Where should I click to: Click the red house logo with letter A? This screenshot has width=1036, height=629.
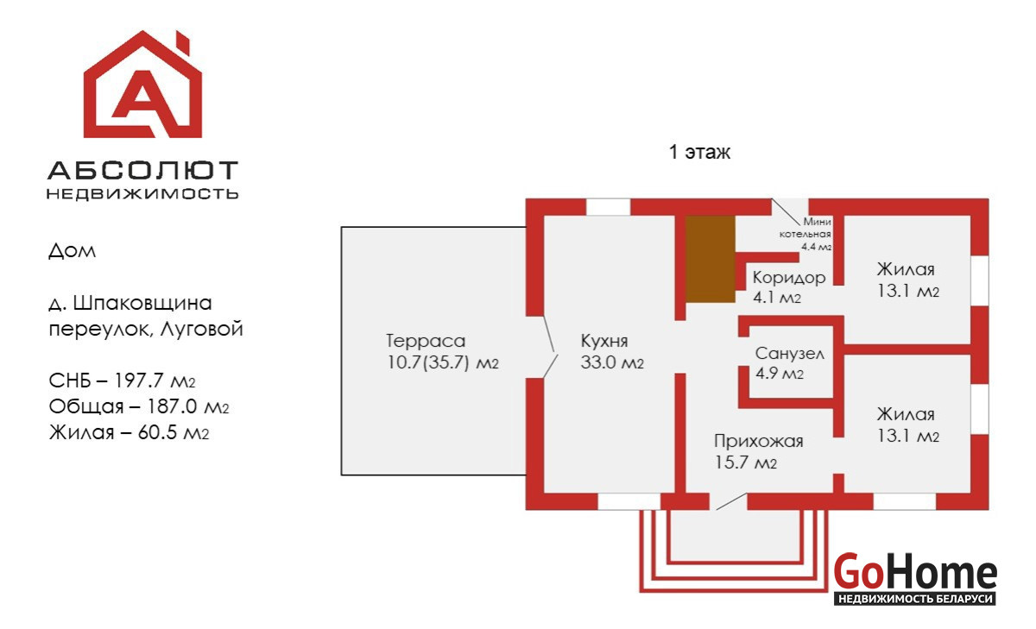[142, 86]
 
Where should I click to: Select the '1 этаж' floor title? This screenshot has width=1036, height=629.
[699, 154]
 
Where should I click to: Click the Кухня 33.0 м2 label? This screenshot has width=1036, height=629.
[612, 351]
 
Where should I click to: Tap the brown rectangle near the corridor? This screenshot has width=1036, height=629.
[710, 258]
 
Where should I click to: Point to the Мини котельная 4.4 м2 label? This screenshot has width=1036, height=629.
[806, 234]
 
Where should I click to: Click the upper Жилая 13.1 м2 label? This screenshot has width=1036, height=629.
[906, 280]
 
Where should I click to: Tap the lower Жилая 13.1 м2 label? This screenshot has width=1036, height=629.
[906, 425]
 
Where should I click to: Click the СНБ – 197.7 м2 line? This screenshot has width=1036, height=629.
[129, 381]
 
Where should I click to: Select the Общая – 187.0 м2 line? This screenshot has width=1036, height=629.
[139, 406]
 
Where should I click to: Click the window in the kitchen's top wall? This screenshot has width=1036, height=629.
[608, 207]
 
